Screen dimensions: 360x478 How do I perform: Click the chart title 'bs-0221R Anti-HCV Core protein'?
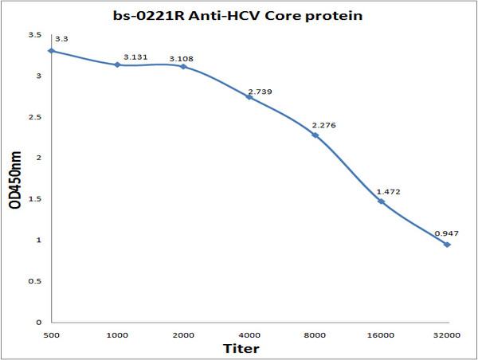click(238, 14)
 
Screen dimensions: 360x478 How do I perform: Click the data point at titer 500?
click(52, 51)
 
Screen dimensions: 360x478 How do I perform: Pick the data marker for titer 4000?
click(249, 97)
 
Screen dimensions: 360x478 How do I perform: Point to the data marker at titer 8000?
click(315, 135)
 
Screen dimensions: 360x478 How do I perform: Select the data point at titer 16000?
click(381, 202)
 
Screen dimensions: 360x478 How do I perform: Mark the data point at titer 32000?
click(447, 245)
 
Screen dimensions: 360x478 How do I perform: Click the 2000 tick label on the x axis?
click(182, 335)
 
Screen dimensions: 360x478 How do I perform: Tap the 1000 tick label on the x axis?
click(117, 335)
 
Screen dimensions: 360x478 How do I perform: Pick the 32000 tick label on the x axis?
click(447, 335)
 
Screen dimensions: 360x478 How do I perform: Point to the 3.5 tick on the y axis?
click(34, 35)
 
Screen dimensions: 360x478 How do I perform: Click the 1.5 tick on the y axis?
click(34, 199)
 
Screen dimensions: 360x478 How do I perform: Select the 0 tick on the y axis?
click(38, 323)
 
